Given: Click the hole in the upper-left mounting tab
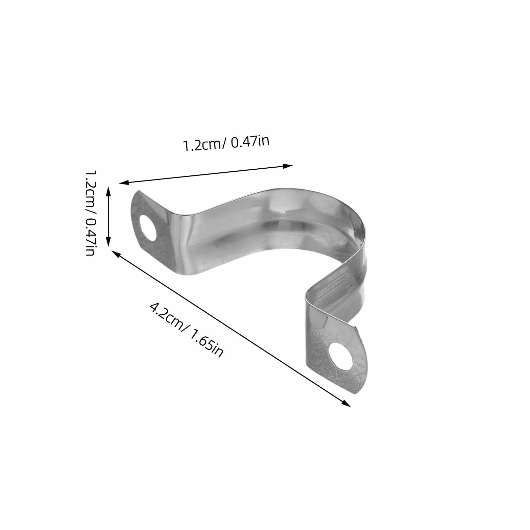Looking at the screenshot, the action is [x=148, y=228].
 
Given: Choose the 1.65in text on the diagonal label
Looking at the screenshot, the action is [x=206, y=343].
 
